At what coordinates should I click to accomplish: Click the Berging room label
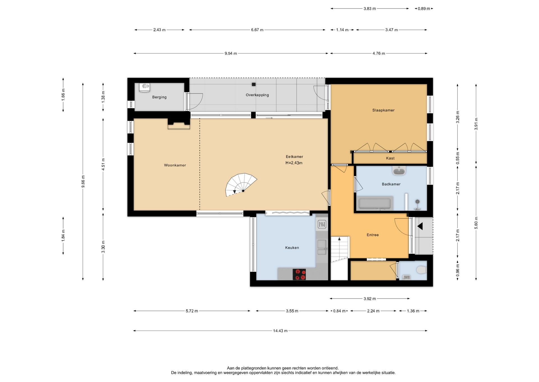pos(159,97)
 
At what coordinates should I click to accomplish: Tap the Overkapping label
pos(257,95)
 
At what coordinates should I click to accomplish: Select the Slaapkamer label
pos(383,110)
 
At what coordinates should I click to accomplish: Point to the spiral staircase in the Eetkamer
pos(241,185)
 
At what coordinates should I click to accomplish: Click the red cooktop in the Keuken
pos(299,274)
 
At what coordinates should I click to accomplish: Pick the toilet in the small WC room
pos(421,270)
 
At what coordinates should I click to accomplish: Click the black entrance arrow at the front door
pos(420,226)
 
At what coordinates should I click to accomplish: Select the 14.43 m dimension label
pos(280,331)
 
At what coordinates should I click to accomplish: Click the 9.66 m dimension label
pos(83,181)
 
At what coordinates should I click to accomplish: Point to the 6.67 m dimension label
pos(257,30)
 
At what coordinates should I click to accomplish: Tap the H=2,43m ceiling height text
pos(294,163)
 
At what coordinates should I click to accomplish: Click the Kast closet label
pos(390,158)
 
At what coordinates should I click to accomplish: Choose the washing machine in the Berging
pos(145,87)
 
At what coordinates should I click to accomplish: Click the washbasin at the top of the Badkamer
pos(399,171)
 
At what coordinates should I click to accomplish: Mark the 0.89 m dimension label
pos(424,9)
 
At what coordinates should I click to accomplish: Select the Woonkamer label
pos(175,165)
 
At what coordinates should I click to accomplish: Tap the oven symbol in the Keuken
pos(322,224)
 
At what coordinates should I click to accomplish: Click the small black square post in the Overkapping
pos(254,84)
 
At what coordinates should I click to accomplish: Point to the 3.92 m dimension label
pos(369,299)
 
